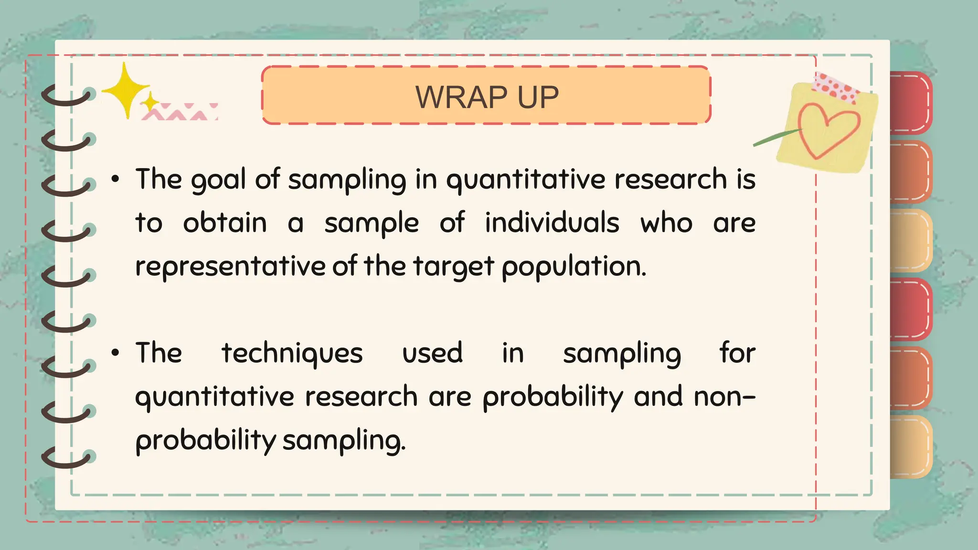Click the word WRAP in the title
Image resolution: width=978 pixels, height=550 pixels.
tap(461, 97)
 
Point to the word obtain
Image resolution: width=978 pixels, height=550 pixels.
tap(224, 223)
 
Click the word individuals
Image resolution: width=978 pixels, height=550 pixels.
tap(552, 223)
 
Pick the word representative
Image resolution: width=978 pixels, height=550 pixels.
tap(230, 267)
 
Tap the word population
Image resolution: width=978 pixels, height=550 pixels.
tap(574, 267)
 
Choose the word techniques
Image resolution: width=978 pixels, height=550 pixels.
tap(292, 354)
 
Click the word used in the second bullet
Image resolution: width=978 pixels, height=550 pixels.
tap(432, 354)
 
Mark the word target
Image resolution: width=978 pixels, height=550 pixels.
tap(453, 267)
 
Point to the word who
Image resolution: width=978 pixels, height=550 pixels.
tap(666, 223)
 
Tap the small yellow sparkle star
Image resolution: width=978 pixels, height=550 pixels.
tap(151, 102)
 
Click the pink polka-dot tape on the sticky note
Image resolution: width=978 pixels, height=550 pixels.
tap(836, 88)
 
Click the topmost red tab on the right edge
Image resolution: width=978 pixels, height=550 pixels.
tap(910, 103)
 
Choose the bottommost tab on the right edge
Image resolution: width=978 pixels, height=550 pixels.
tap(910, 446)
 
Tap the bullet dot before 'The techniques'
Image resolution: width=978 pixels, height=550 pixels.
tap(115, 353)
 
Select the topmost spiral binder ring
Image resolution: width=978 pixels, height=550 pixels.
tap(67, 96)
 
